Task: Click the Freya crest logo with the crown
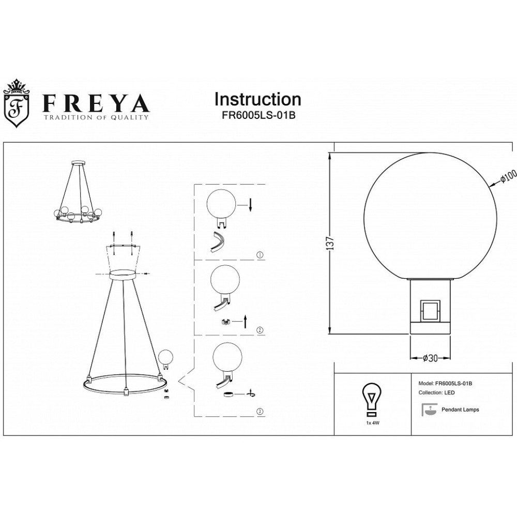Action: (16, 103)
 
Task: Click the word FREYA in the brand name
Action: (96, 103)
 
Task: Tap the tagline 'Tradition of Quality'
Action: (96, 117)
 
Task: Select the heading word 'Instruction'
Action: (258, 99)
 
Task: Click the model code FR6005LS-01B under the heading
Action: (258, 116)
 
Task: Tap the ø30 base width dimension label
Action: (430, 358)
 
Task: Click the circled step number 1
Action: (260, 254)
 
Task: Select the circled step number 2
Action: (260, 330)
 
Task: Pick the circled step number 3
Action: (260, 412)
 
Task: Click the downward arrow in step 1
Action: (250, 205)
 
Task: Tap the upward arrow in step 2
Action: (245, 321)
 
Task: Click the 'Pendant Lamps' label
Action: (460, 409)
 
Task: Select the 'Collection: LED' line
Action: (436, 392)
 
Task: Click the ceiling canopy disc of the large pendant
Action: (123, 274)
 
